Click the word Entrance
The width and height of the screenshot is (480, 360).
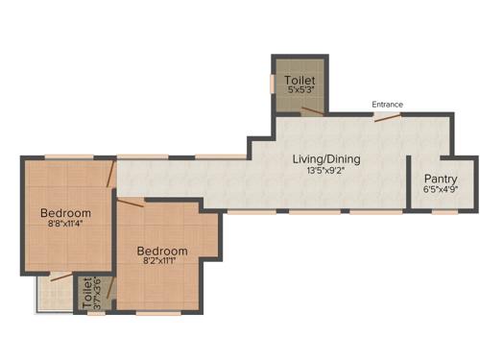388,105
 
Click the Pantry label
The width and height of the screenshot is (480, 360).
440,180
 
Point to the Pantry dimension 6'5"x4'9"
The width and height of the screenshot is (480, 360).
440,190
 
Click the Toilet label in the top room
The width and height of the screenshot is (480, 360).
299,81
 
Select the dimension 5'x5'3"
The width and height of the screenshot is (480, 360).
300,90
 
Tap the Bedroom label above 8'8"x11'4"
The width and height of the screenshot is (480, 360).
65,212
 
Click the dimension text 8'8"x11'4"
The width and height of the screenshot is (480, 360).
65,224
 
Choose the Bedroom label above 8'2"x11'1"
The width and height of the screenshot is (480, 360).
161,251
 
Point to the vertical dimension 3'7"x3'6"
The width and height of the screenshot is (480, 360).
96,293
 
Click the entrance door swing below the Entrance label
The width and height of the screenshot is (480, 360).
386,117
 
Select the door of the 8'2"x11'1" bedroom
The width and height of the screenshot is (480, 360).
132,201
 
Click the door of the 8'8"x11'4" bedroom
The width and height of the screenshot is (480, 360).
112,174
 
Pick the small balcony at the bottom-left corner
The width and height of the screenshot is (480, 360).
53,293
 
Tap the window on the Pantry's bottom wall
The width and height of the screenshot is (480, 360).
444,212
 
